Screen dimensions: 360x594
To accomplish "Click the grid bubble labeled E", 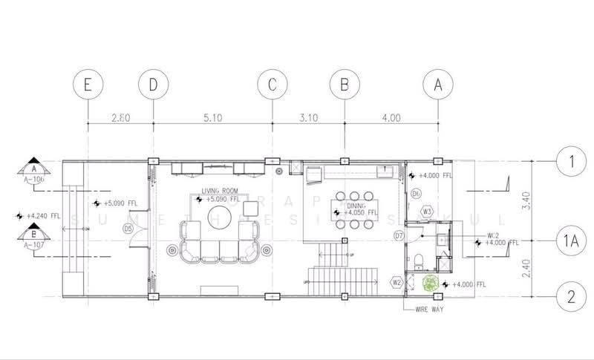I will [x=88, y=85].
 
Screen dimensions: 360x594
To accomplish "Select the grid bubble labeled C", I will [x=272, y=85].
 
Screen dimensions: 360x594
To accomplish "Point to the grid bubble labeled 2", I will [x=570, y=298].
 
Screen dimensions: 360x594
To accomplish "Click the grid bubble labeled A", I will [x=438, y=85].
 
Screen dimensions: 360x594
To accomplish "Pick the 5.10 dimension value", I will [x=212, y=117].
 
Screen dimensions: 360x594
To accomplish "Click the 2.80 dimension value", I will [x=120, y=117].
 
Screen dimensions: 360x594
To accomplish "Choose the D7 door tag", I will [x=399, y=236].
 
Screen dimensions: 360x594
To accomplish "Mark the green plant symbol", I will [x=430, y=283].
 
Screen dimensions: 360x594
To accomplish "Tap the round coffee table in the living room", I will [x=220, y=217].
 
